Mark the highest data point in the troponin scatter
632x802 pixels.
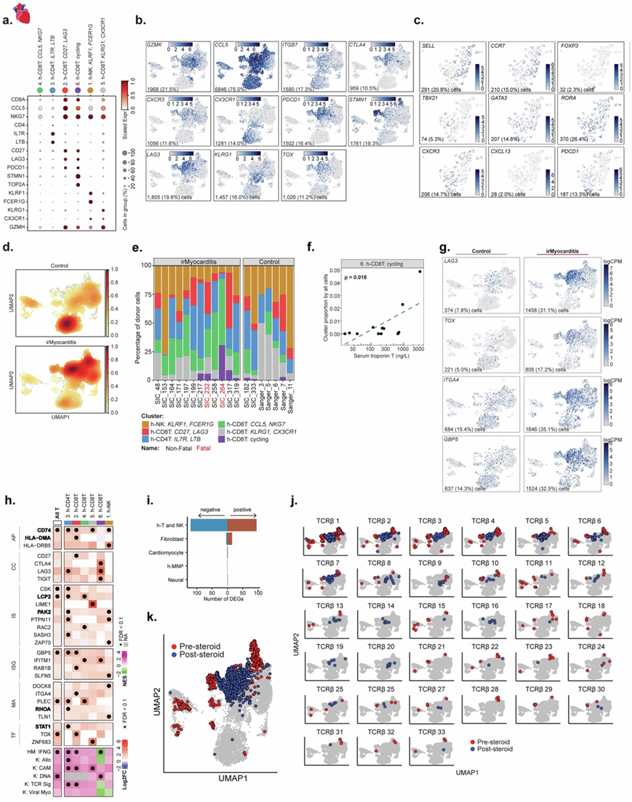(x=420, y=271)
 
